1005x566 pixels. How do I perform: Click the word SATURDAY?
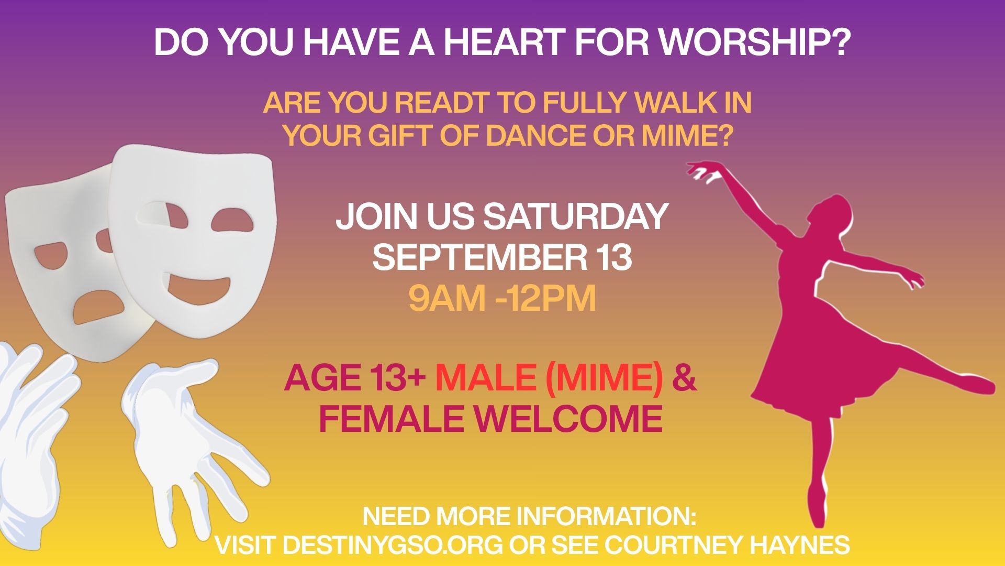(575, 216)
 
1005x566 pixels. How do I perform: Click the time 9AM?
(450, 299)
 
